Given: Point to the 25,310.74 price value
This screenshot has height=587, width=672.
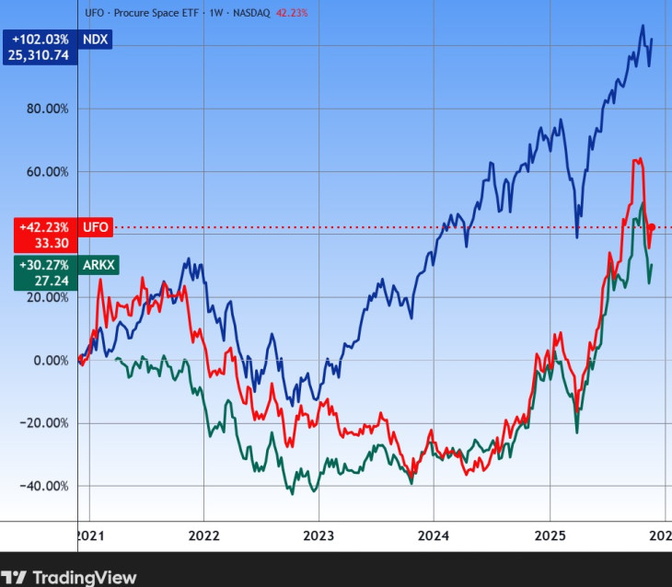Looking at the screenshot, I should (x=40, y=55).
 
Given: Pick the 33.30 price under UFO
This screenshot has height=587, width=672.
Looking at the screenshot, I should (x=52, y=243).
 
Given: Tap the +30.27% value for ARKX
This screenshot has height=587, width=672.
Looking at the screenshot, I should (x=44, y=264).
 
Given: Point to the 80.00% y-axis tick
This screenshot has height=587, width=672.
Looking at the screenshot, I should (x=45, y=109).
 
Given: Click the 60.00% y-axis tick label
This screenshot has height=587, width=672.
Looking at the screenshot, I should (x=45, y=171).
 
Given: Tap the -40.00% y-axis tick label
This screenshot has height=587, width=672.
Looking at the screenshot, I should (x=42, y=486).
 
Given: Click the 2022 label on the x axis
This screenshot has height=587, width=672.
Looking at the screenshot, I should (x=203, y=535).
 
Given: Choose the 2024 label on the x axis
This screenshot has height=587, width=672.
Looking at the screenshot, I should (x=434, y=535).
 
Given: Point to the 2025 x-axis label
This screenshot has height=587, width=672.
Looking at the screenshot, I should (x=550, y=535).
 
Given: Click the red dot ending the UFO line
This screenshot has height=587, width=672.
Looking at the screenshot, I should (x=652, y=227).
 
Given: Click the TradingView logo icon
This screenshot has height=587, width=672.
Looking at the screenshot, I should (x=15, y=577).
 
